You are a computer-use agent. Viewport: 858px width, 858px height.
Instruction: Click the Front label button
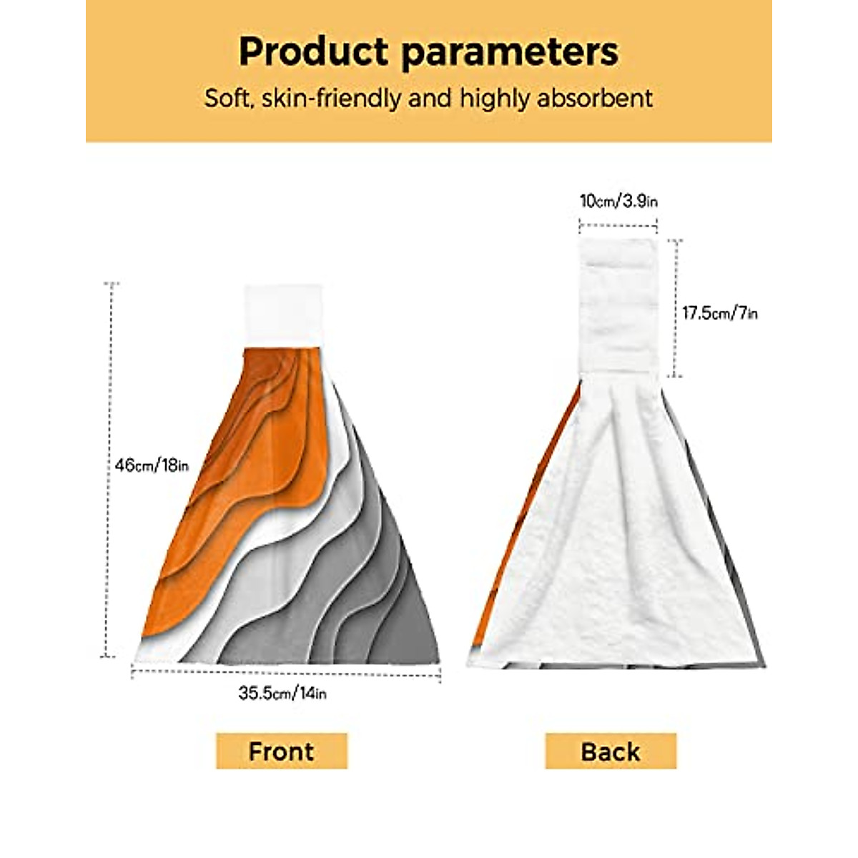click(x=282, y=751)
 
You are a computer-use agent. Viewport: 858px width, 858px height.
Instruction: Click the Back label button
click(x=611, y=751)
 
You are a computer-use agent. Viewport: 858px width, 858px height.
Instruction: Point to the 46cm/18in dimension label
click(x=152, y=465)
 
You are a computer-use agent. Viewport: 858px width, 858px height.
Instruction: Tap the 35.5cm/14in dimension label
click(x=282, y=693)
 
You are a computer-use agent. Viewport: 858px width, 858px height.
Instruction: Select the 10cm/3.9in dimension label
click(x=618, y=201)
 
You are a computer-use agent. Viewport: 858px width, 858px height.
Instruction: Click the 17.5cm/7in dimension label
click(x=720, y=312)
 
